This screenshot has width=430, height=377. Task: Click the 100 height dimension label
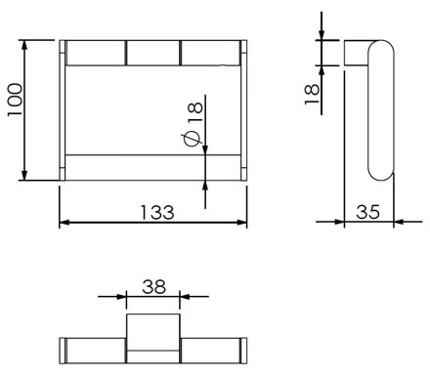click(x=16, y=100)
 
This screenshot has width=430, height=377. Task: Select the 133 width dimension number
click(x=157, y=212)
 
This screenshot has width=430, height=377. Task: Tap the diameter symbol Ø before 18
click(x=193, y=138)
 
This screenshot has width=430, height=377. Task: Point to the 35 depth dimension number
click(x=368, y=212)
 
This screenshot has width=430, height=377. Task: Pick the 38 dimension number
click(x=153, y=287)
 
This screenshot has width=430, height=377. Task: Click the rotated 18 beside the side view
click(x=312, y=94)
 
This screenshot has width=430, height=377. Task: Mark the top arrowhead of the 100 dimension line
click(x=24, y=46)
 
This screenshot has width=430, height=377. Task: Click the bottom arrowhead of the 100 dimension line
click(x=24, y=175)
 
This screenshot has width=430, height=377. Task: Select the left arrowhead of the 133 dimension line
click(x=64, y=223)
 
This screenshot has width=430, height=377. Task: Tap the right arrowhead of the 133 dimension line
click(x=241, y=223)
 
